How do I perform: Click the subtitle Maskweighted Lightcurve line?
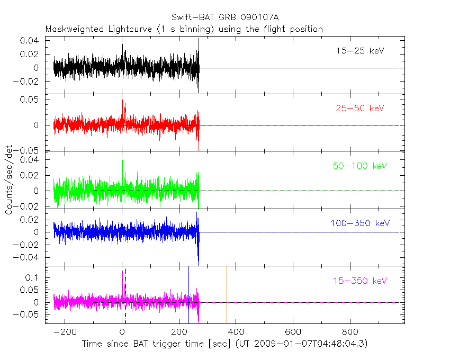click(184, 29)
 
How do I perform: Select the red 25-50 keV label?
click(359, 108)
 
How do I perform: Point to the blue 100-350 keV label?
click(359, 223)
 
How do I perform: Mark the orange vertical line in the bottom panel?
click(227, 294)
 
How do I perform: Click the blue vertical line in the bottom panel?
click(188, 294)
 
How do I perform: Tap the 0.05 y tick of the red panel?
click(30, 100)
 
